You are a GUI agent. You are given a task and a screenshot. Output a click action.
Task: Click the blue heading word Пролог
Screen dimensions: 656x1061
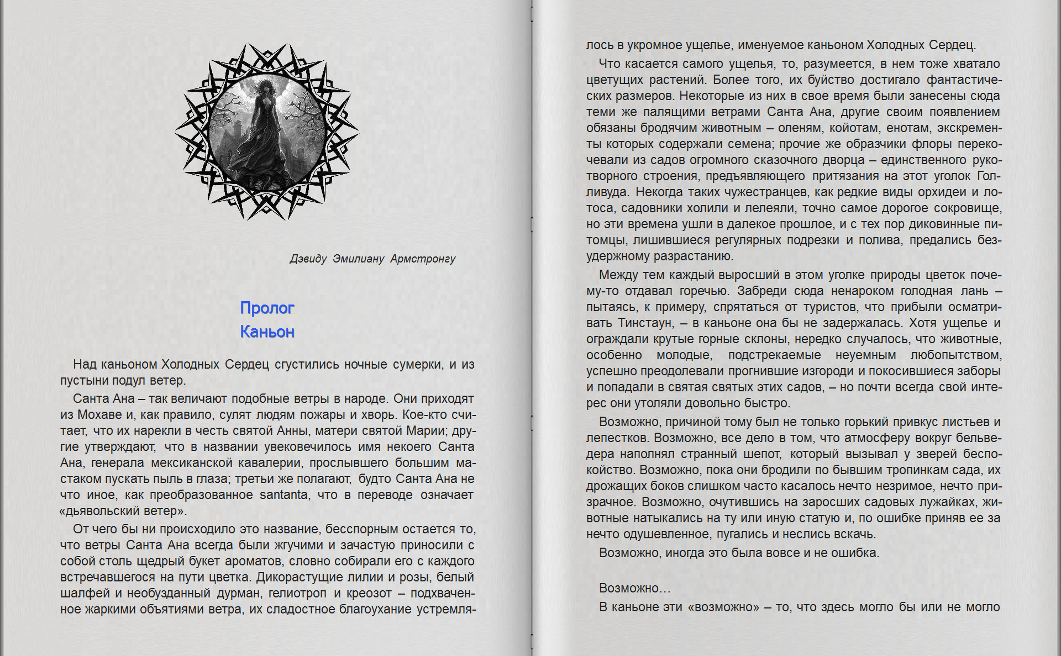pyautogui.click(x=267, y=308)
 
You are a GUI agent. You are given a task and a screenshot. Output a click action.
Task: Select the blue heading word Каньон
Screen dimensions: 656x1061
pyautogui.click(x=267, y=332)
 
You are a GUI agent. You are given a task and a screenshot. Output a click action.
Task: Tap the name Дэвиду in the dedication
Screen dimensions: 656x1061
pyautogui.click(x=308, y=259)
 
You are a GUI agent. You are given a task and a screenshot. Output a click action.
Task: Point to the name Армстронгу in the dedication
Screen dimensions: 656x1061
pyautogui.click(x=423, y=259)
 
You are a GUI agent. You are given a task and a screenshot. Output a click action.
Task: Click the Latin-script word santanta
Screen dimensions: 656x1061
pyautogui.click(x=283, y=495)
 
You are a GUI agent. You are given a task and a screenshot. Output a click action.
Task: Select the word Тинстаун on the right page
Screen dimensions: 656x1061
pyautogui.click(x=645, y=323)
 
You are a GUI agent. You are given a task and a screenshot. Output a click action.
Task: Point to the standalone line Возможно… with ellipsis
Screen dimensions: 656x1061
pyautogui.click(x=634, y=588)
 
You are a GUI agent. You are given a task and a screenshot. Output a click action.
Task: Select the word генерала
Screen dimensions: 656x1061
pyautogui.click(x=117, y=463)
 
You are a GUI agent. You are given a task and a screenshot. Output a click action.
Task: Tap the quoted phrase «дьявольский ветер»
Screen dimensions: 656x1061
pyautogui.click(x=123, y=511)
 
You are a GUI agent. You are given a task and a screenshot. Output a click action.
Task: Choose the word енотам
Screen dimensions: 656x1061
pyautogui.click(x=959, y=128)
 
